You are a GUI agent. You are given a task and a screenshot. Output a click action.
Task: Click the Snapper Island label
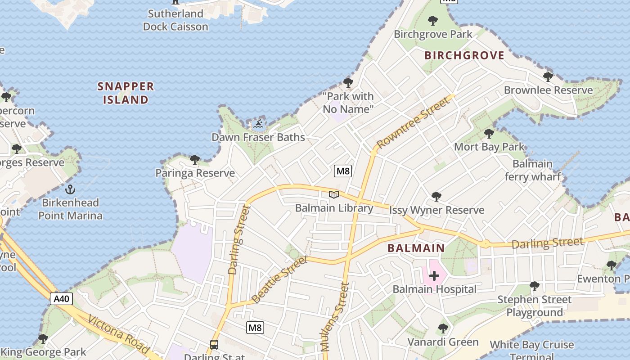(x=126, y=93)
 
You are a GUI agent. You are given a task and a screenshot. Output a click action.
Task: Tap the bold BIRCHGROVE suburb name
(x=464, y=55)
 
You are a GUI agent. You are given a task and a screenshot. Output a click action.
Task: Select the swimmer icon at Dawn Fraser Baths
(x=258, y=123)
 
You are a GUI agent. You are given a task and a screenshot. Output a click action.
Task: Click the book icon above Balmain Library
(x=333, y=194)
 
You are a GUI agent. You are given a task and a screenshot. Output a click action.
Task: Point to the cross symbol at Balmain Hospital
(x=434, y=275)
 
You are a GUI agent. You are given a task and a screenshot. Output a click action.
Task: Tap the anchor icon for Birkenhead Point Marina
(x=70, y=189)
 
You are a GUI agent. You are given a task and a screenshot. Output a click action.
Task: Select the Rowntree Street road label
(x=413, y=122)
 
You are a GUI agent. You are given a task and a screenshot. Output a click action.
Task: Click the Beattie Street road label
(x=279, y=279)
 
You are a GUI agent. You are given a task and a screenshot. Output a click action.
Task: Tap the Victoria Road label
(x=118, y=334)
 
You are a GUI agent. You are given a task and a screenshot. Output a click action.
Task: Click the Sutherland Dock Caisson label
(x=175, y=20)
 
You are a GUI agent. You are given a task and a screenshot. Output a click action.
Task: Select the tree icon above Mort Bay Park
(x=489, y=134)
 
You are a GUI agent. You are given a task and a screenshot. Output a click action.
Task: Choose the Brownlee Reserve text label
(x=548, y=90)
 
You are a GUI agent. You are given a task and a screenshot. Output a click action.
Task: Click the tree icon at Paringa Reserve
(x=195, y=159)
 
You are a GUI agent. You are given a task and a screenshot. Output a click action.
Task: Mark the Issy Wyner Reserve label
(x=436, y=210)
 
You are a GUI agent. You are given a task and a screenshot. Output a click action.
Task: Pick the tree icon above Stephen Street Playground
(x=534, y=286)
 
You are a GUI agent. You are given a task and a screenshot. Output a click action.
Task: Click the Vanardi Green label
(x=443, y=342)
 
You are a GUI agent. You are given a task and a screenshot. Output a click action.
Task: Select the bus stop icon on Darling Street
(x=214, y=345)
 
